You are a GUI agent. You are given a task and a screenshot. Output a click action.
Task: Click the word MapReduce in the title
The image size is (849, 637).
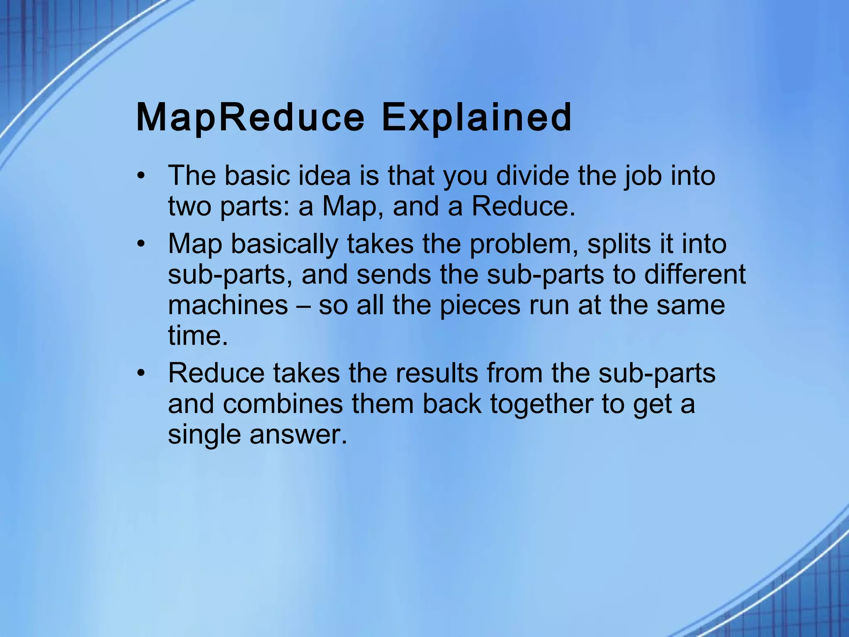[x=250, y=118]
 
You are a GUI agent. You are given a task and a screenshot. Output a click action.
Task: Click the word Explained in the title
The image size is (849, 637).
[x=476, y=118]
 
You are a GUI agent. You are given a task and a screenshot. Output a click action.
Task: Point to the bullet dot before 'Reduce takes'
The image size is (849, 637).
[x=141, y=373]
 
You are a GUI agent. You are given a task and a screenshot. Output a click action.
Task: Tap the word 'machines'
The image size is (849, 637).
[x=228, y=305]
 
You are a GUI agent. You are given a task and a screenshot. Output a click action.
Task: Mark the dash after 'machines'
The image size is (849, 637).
[x=303, y=306]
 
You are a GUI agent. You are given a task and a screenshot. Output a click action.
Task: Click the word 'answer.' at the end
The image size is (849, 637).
[x=298, y=435]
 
